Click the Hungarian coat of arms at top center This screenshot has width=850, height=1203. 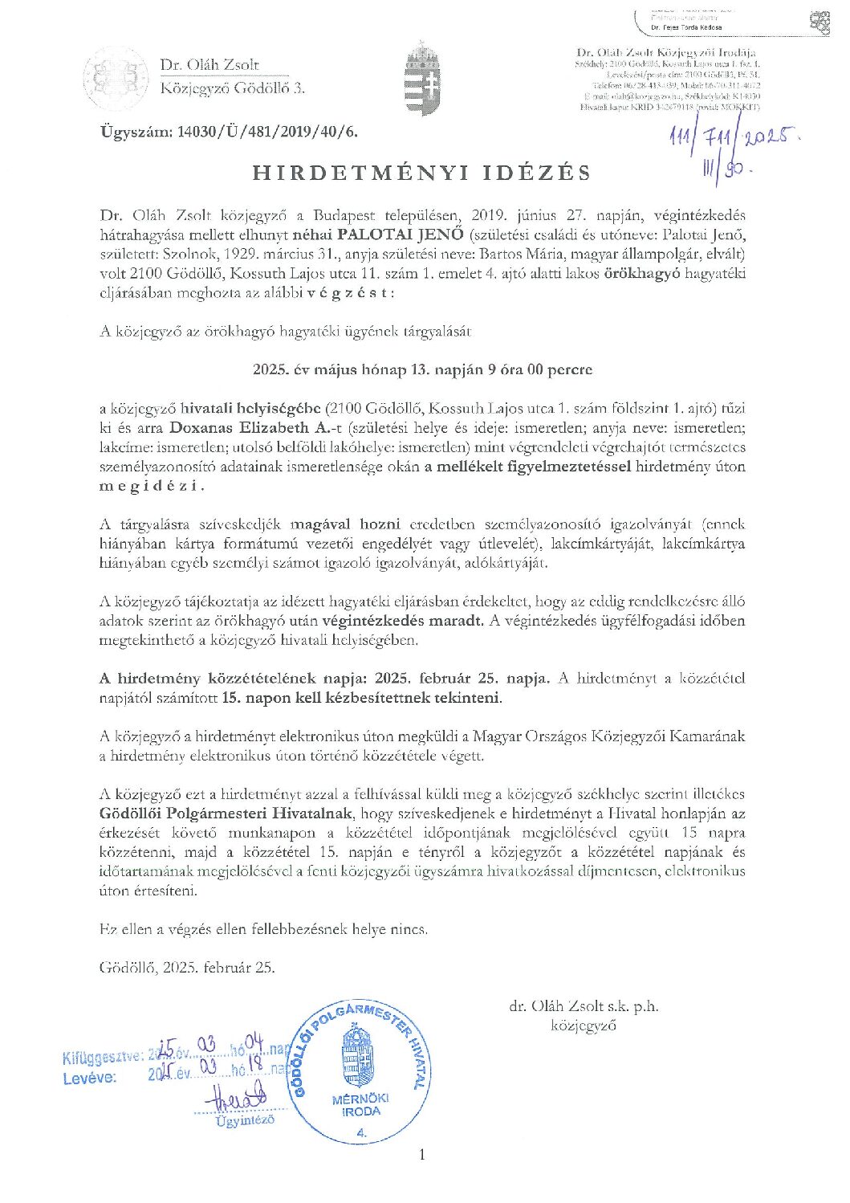click(422, 79)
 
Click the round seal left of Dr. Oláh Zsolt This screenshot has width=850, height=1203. click(117, 78)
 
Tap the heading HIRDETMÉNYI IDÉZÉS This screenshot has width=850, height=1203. click(422, 173)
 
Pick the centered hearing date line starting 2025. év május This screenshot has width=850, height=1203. click(422, 370)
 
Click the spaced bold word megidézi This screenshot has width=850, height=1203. click(153, 486)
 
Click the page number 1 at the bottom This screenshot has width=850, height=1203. click(423, 1155)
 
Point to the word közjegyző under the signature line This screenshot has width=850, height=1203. click(584, 1026)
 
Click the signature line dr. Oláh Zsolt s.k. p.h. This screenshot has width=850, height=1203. click(584, 1006)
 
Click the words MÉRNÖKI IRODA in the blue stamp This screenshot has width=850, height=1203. click(360, 1105)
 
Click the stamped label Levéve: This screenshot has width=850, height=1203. click(89, 1078)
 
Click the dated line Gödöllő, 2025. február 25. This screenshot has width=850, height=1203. click(187, 967)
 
